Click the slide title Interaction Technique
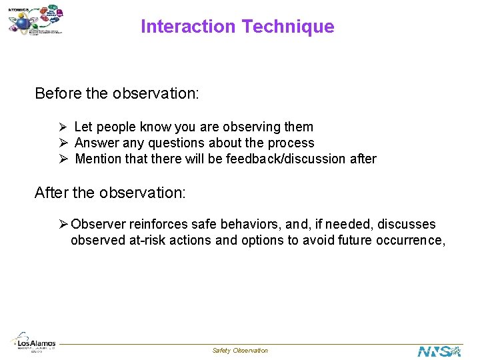[x=237, y=27]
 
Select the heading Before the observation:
[x=117, y=93]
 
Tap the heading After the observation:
[x=110, y=193]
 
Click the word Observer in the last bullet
[x=99, y=224]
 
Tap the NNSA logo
[x=439, y=350]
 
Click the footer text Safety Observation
[x=240, y=351]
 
